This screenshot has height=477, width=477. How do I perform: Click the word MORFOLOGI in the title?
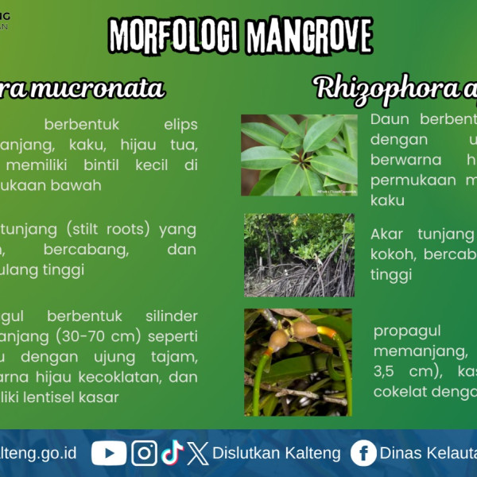[x=174, y=36]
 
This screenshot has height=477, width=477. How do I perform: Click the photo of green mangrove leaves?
[x=299, y=155]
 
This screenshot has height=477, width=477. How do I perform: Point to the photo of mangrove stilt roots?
[x=299, y=254]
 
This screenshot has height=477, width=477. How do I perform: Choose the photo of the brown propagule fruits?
[x=297, y=362]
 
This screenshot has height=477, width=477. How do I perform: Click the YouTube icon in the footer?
[x=109, y=453]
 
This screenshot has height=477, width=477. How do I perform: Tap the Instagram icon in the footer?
[x=144, y=453]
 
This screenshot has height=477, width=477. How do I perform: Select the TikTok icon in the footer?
[x=172, y=453]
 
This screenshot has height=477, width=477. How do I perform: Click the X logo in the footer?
[x=198, y=453]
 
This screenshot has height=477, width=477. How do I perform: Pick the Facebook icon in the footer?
[x=363, y=453]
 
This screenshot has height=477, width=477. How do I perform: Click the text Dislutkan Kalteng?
[x=277, y=453]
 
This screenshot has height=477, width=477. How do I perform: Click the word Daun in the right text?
[x=389, y=119]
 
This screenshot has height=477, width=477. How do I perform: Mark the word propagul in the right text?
[x=407, y=330]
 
